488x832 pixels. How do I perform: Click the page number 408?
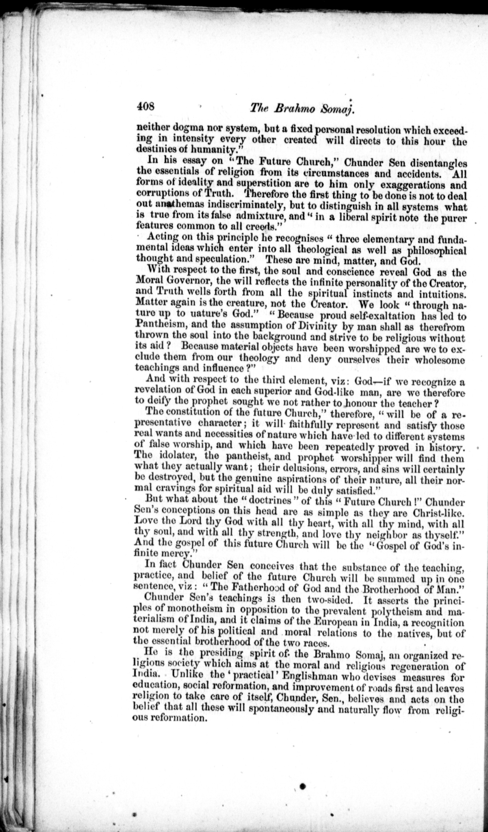tap(146, 107)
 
